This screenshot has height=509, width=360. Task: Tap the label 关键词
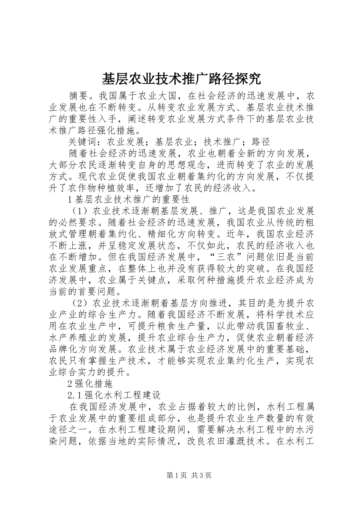[83, 142]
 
